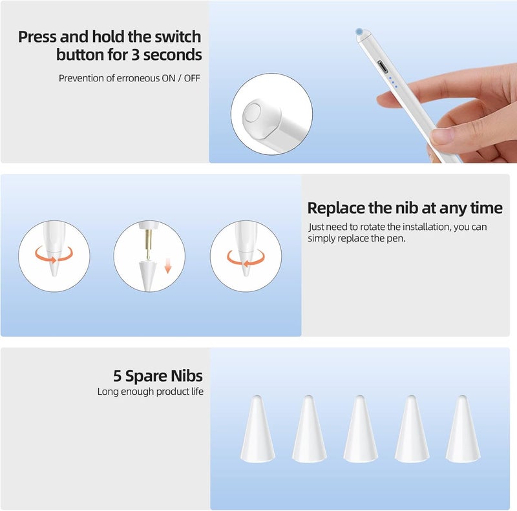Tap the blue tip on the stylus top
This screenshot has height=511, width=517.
[359, 30]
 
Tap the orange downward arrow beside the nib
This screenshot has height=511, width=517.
[167, 266]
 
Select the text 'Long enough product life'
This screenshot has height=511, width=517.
[151, 391]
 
